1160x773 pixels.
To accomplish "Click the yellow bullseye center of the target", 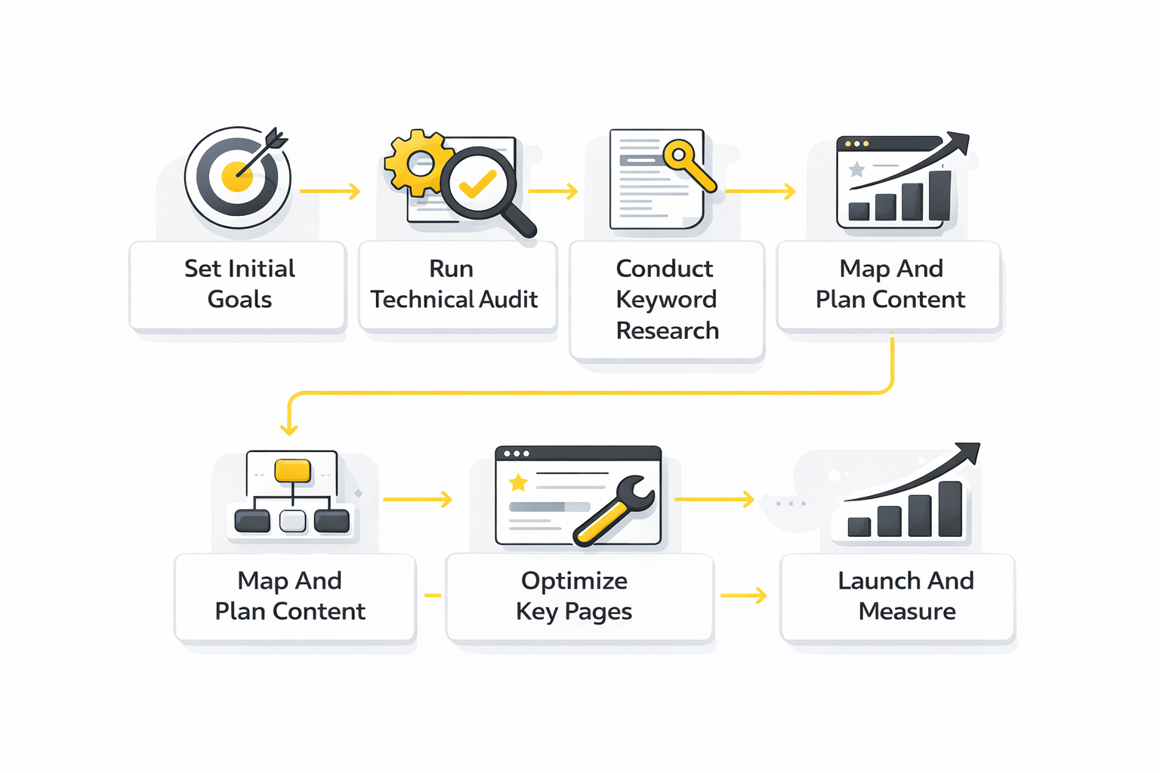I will click(x=237, y=177).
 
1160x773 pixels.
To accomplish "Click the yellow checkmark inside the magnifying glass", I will click(x=477, y=183).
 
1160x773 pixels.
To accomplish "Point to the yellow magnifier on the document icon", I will click(x=688, y=165).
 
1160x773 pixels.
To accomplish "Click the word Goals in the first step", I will click(x=239, y=300).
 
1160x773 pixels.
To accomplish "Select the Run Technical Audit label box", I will click(x=457, y=285).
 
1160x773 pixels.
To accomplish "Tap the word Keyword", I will click(x=665, y=300).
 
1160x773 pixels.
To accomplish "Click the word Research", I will click(x=667, y=331).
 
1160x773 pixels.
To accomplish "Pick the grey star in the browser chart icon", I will click(x=856, y=169).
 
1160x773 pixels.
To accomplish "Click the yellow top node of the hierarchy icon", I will click(x=292, y=470).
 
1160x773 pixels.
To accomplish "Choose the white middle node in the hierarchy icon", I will click(x=292, y=521).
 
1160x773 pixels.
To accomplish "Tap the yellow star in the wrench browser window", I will click(x=518, y=482).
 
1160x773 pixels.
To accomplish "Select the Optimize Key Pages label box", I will click(x=578, y=596).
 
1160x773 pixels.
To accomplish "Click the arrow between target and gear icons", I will click(x=330, y=192).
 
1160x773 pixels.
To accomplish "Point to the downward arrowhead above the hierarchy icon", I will click(x=288, y=428).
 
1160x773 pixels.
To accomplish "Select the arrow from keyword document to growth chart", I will click(x=760, y=192).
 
